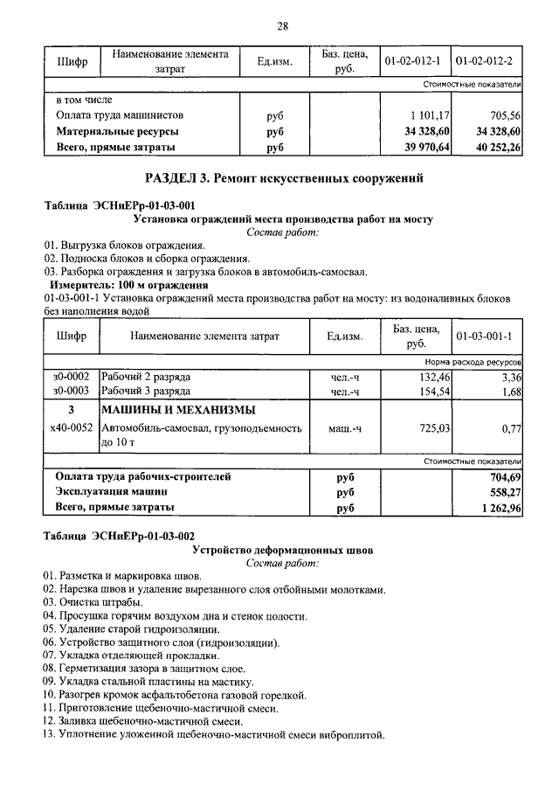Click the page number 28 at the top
click(x=282, y=25)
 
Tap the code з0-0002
click(x=71, y=377)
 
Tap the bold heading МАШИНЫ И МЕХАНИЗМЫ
click(x=178, y=410)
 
